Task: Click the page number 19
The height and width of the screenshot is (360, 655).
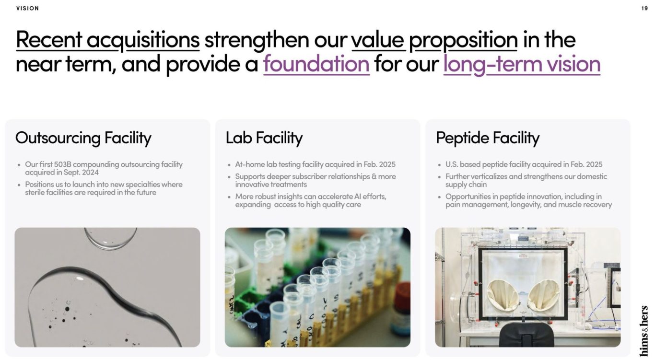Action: (644, 9)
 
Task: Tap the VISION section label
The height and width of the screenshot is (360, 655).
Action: (27, 9)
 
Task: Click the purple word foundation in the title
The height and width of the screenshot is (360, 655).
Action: (316, 64)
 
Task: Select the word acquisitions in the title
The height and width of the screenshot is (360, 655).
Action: (143, 40)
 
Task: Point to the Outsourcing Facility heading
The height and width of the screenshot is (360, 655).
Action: (83, 138)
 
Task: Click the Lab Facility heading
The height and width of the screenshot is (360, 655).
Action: (264, 138)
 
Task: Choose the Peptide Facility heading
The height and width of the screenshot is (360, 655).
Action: (488, 138)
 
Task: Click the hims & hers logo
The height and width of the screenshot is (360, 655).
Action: (644, 330)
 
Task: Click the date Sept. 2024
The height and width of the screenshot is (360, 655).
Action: (81, 173)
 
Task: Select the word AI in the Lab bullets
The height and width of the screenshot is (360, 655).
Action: (357, 197)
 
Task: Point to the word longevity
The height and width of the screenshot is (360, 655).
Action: (526, 205)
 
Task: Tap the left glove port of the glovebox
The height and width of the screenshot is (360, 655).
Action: (503, 295)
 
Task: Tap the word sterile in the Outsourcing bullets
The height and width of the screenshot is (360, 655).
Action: (35, 193)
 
